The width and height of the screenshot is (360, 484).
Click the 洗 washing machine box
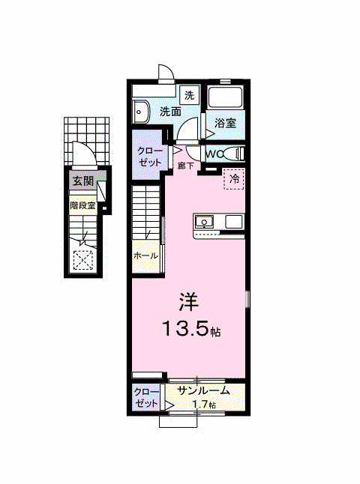[190, 95]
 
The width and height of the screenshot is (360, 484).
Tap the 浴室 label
[224, 122]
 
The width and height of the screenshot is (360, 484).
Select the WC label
[214, 154]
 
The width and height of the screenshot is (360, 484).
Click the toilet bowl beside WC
[235, 154]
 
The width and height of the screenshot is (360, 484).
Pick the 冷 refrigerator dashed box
[235, 179]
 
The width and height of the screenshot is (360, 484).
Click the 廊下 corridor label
[186, 166]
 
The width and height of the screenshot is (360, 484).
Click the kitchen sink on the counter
[204, 222]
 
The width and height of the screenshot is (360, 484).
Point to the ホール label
[145, 256]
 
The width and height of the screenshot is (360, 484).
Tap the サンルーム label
[203, 390]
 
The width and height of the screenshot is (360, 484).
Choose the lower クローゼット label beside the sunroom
[146, 397]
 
